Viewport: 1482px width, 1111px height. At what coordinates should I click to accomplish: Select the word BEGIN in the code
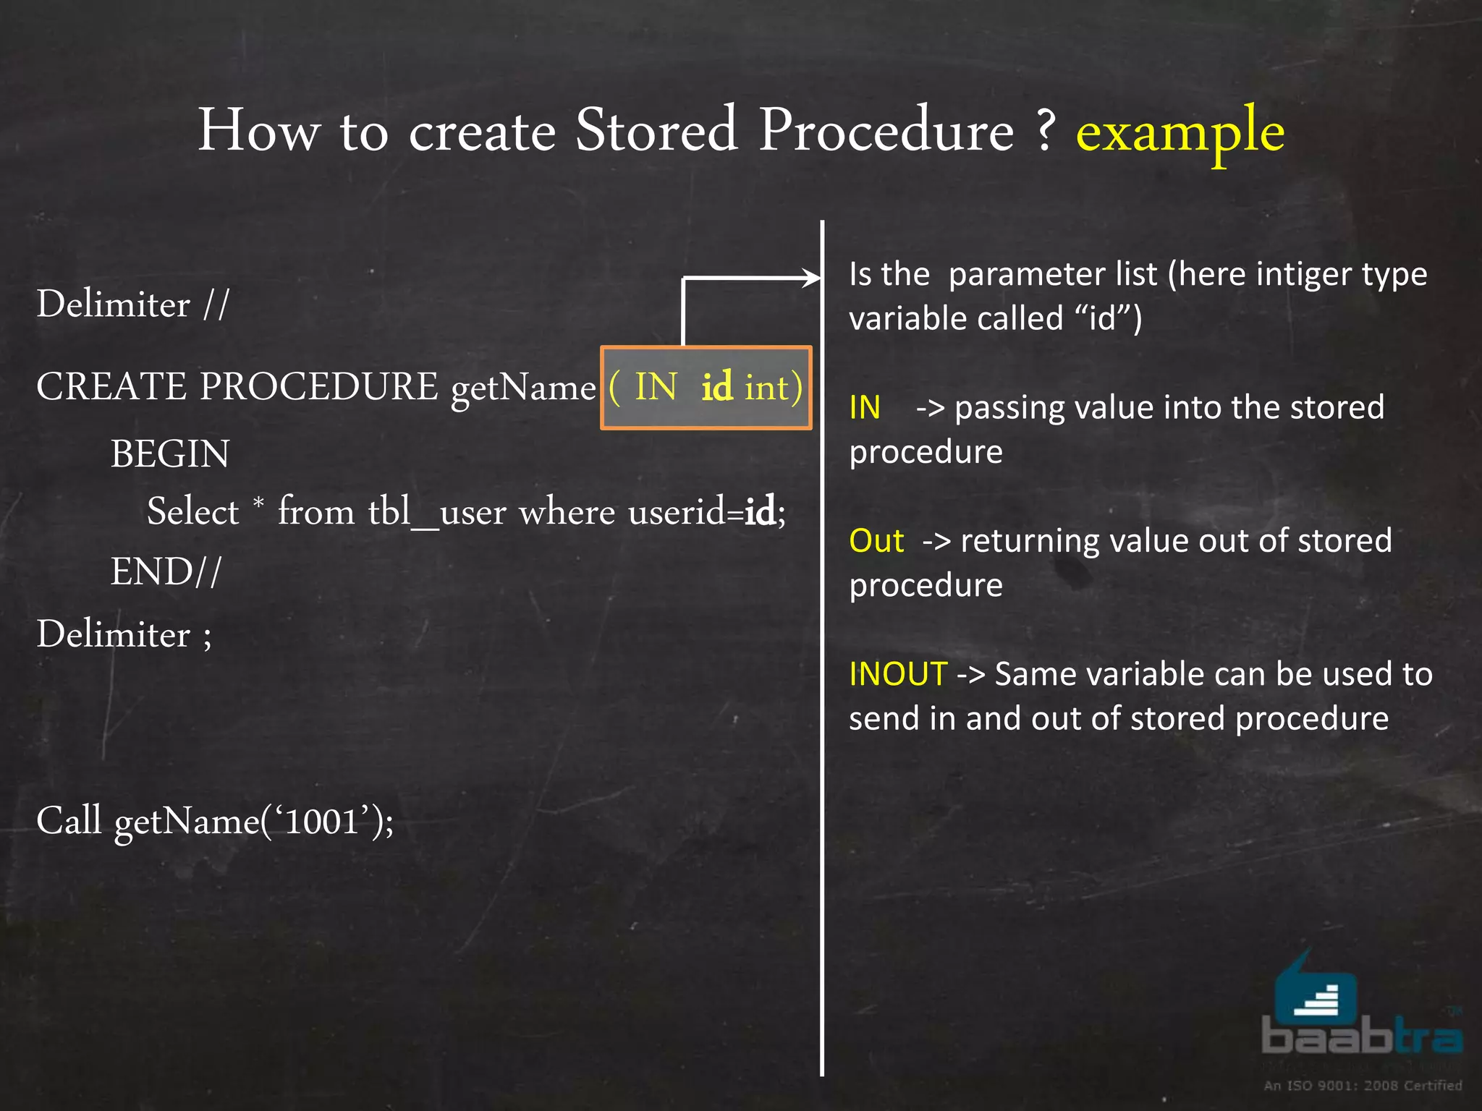tap(170, 454)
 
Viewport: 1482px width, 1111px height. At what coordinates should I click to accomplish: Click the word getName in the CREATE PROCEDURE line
tap(523, 388)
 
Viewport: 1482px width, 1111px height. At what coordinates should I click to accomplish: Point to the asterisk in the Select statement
tap(258, 501)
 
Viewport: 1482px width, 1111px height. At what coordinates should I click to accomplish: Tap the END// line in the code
tap(166, 571)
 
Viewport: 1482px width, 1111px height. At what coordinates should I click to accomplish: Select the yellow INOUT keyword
tap(897, 674)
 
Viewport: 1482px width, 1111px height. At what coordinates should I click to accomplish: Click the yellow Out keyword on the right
tap(876, 541)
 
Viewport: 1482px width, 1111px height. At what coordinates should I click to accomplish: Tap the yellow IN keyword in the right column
tap(865, 408)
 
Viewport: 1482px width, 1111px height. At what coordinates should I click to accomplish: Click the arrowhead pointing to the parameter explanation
tap(811, 278)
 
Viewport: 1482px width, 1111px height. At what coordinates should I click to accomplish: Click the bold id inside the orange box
tap(716, 386)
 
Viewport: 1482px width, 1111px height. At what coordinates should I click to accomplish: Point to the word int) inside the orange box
tap(774, 387)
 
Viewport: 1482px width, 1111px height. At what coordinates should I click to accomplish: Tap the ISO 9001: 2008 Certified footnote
tap(1363, 1085)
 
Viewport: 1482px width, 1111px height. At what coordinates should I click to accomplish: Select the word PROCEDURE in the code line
tap(318, 386)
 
